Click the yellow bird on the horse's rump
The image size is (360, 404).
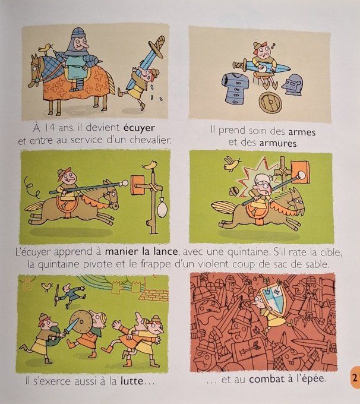click(43, 45)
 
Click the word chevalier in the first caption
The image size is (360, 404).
click(147, 141)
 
